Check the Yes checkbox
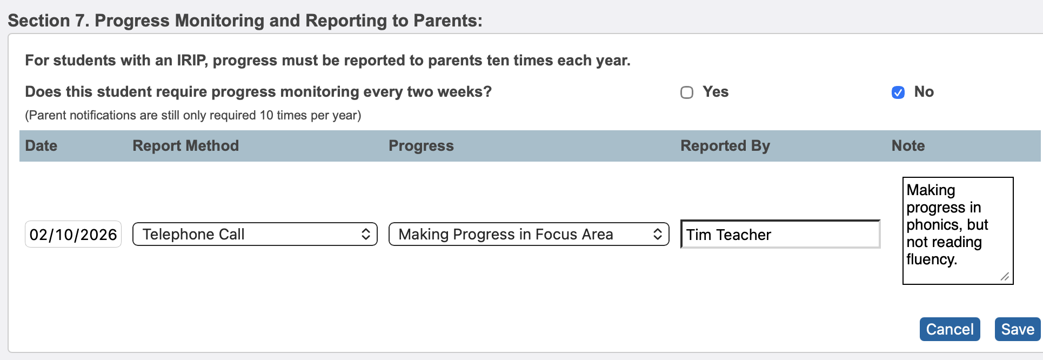687,92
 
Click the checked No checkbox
898,92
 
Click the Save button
1017,329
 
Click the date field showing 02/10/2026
73,235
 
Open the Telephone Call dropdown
255,234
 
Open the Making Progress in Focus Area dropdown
529,234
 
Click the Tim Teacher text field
780,235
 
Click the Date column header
41,146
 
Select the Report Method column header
185,146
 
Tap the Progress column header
421,146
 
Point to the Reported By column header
725,146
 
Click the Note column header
908,146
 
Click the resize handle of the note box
1005,276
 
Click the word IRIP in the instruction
191,61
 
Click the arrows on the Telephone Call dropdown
366,234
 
